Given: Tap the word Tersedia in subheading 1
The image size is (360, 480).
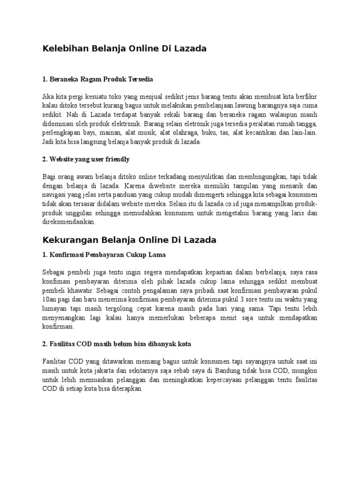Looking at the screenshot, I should [x=140, y=79].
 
